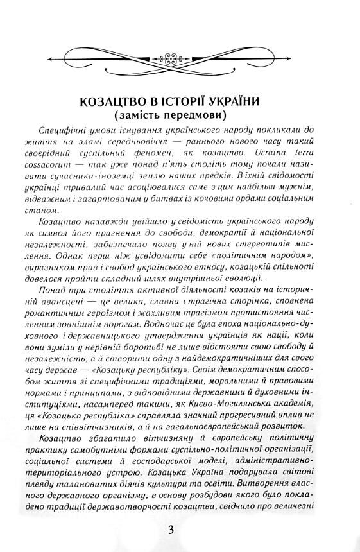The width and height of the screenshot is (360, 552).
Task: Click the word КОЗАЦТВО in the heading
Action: pyautogui.click(x=114, y=102)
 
